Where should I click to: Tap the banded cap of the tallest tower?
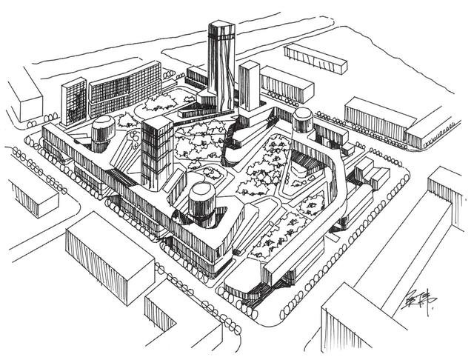point(221,31)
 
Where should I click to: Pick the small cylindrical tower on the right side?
point(302,120)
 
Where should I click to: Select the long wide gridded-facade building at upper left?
point(124,89)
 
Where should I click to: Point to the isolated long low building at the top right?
point(316,57)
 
